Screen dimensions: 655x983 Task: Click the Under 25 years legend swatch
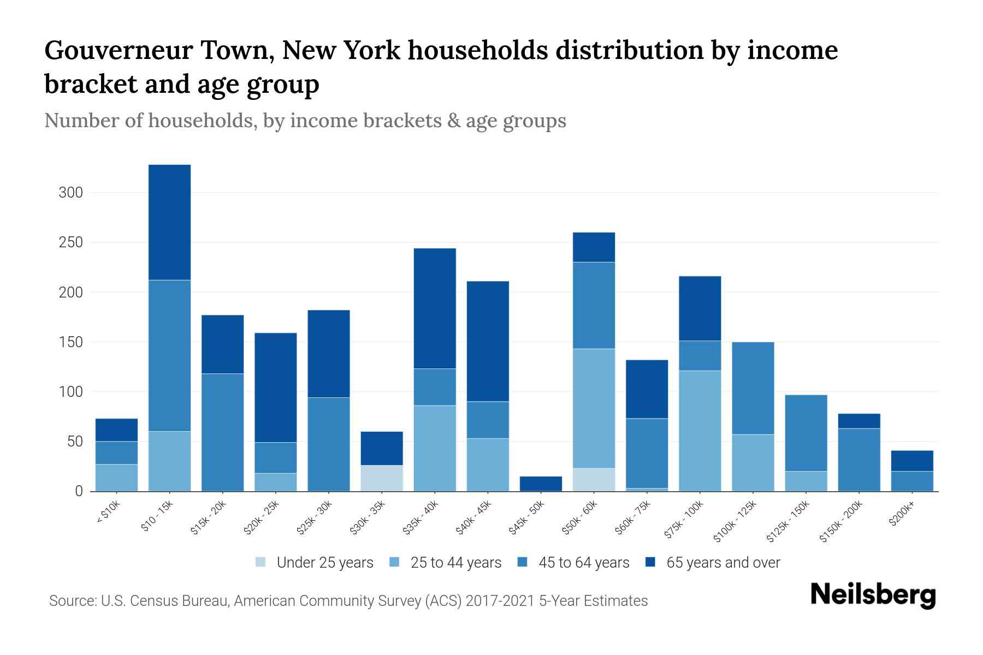point(261,562)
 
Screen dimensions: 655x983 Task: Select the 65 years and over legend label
point(723,562)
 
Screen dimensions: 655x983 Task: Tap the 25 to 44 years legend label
point(455,562)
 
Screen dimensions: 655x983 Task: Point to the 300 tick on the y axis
point(71,193)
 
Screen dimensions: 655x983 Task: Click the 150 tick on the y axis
point(71,342)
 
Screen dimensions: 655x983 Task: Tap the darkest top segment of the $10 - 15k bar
point(169,222)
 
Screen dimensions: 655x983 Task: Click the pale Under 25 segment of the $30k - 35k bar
point(382,478)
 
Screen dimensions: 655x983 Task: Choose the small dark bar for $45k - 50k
point(541,484)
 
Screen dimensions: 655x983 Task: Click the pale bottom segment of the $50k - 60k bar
point(594,480)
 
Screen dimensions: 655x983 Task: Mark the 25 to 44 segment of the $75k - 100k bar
point(700,431)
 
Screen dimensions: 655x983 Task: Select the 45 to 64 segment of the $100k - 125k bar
point(753,388)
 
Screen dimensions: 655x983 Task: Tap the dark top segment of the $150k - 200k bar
point(859,421)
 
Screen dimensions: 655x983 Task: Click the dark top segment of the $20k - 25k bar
point(276,387)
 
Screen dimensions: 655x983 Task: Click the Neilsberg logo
point(873,595)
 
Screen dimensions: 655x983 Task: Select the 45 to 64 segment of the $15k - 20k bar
point(222,432)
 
